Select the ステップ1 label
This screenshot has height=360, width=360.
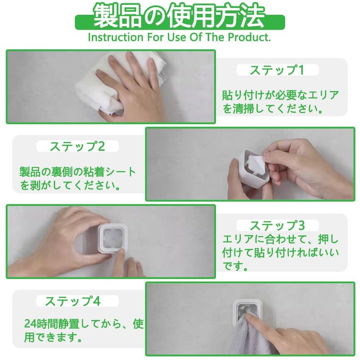[277, 70]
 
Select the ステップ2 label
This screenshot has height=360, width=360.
[77, 146]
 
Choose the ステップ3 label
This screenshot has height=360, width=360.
[277, 225]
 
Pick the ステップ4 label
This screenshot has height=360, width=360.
[72, 301]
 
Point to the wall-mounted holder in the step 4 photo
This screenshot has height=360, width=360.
[245, 310]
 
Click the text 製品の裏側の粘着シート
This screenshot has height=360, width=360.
[77, 172]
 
